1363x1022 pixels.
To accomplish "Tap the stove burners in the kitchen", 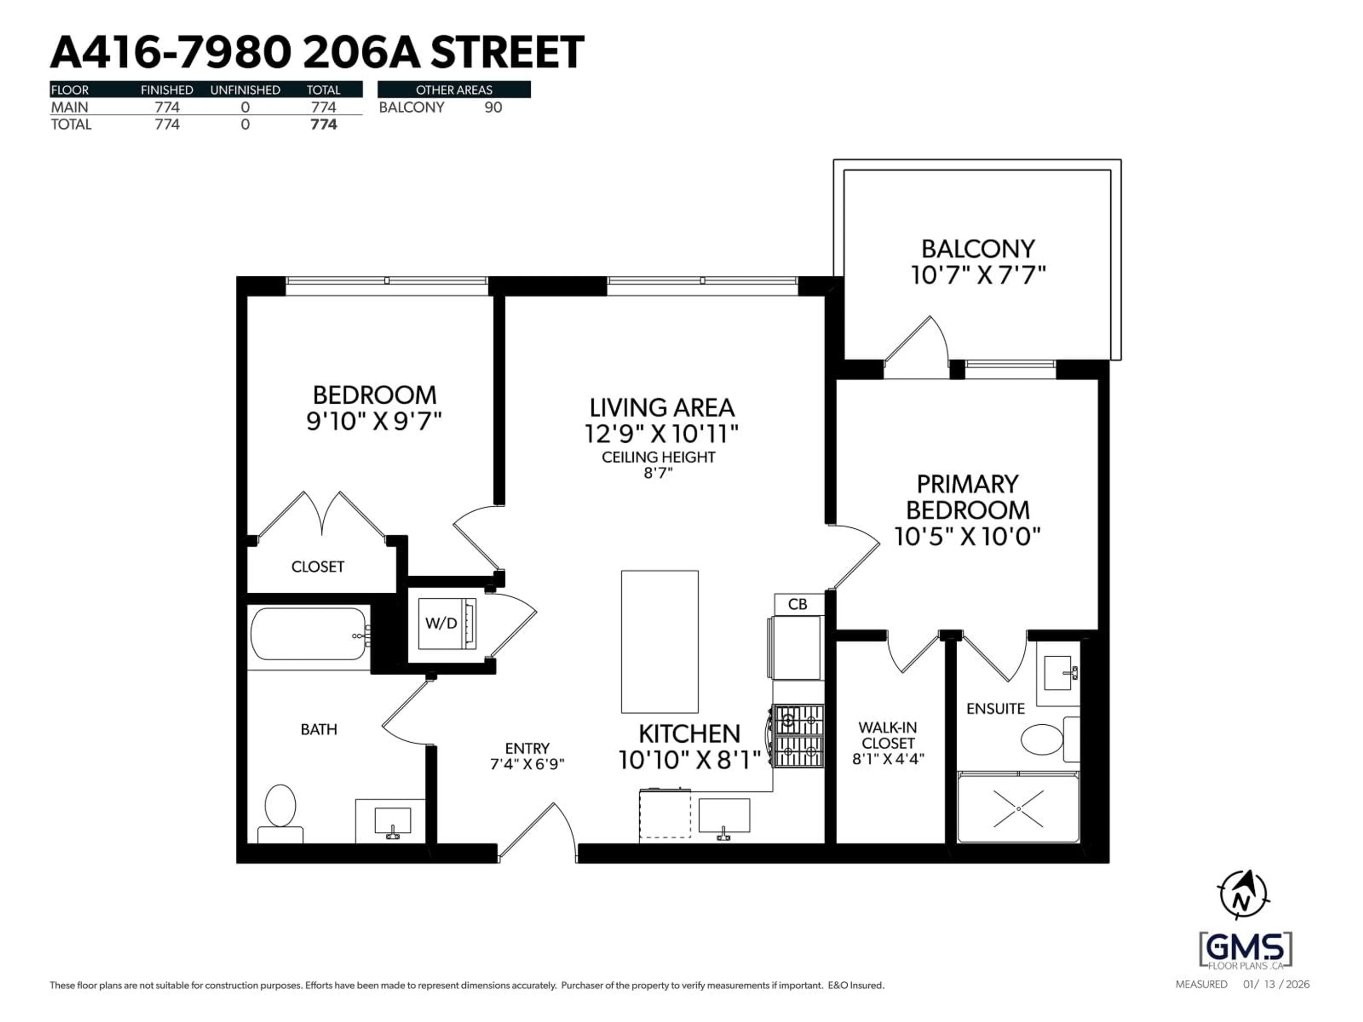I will tap(799, 736).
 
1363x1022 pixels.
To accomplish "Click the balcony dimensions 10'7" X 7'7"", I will tap(978, 275).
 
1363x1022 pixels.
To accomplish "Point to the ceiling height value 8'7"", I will tap(658, 473).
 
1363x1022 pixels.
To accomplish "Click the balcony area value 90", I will tap(493, 107).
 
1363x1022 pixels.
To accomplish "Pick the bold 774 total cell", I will tap(323, 125).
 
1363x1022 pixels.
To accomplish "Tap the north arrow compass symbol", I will tap(1243, 895).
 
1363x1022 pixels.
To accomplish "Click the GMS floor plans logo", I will tap(1245, 950).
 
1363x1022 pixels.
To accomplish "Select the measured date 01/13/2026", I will tap(1275, 984).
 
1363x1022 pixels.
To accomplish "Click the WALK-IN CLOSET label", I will tap(888, 736).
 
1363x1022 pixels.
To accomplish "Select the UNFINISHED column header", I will tap(245, 90).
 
